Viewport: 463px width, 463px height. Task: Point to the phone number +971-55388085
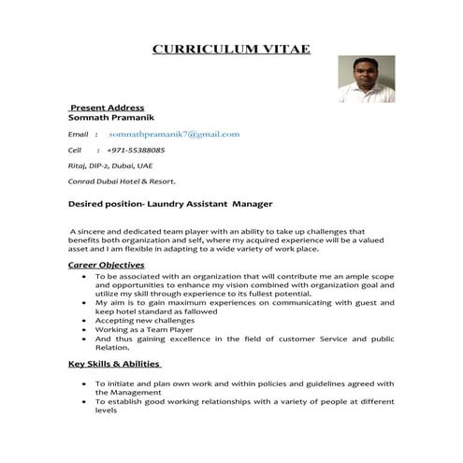[136, 150]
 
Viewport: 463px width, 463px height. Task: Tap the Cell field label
[76, 150]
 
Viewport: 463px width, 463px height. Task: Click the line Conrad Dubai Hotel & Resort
[122, 181]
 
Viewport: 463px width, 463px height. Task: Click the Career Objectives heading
[107, 266]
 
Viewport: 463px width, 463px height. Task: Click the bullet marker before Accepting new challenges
[86, 320]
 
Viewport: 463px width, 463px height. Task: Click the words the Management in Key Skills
[131, 391]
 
